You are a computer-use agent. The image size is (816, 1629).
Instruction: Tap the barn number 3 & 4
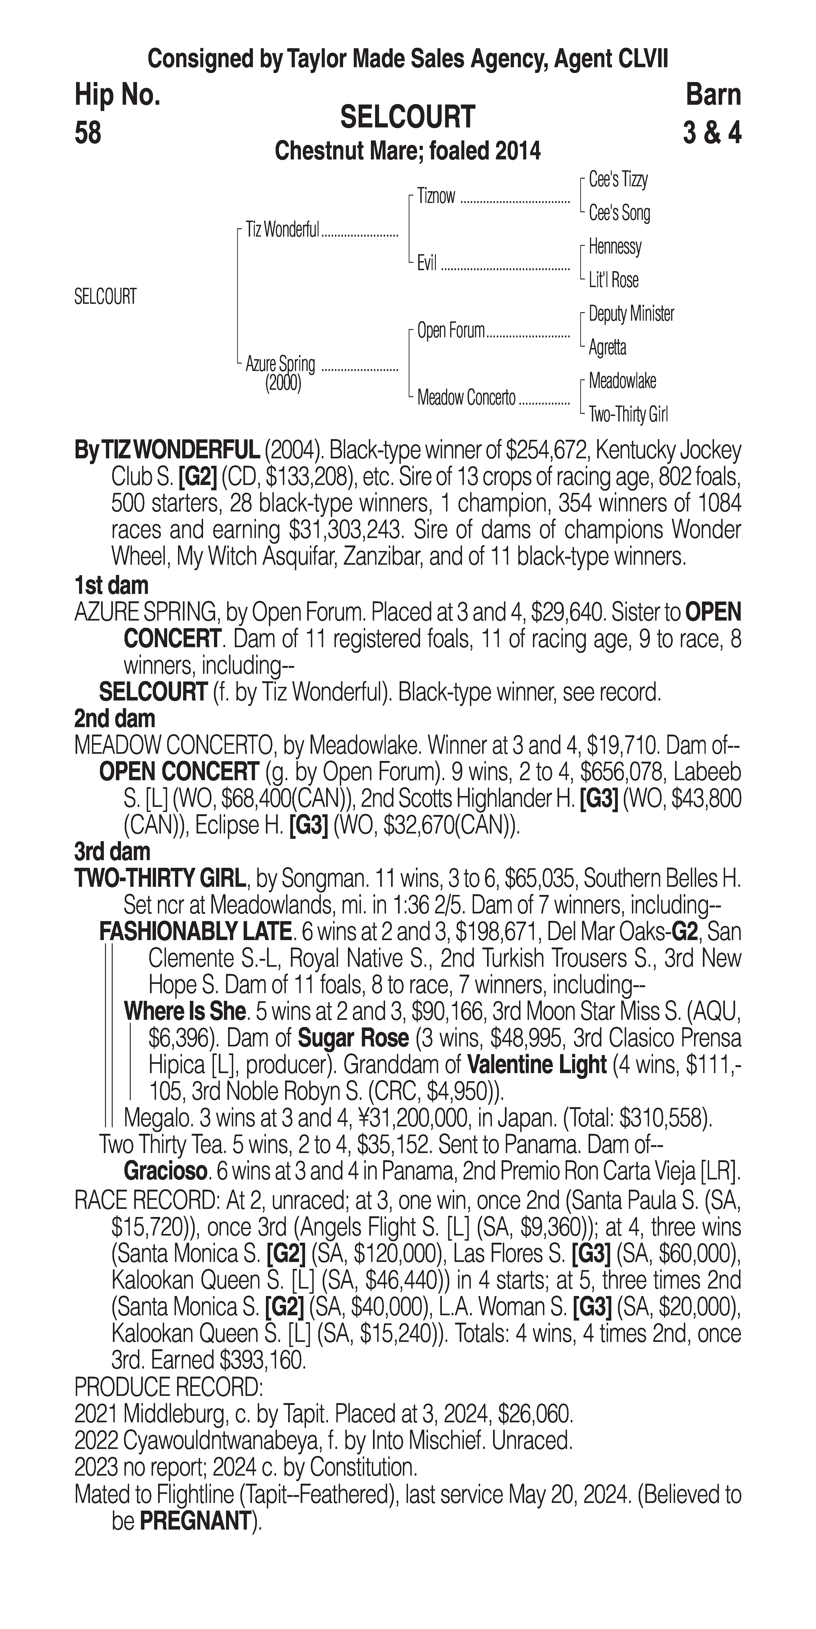point(712,133)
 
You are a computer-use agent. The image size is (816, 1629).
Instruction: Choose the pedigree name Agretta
point(607,347)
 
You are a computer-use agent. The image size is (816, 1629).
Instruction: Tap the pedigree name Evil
point(427,263)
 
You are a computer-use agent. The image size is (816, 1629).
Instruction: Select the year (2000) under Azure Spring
point(283,384)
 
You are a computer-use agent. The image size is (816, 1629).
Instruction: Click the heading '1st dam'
point(111,586)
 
